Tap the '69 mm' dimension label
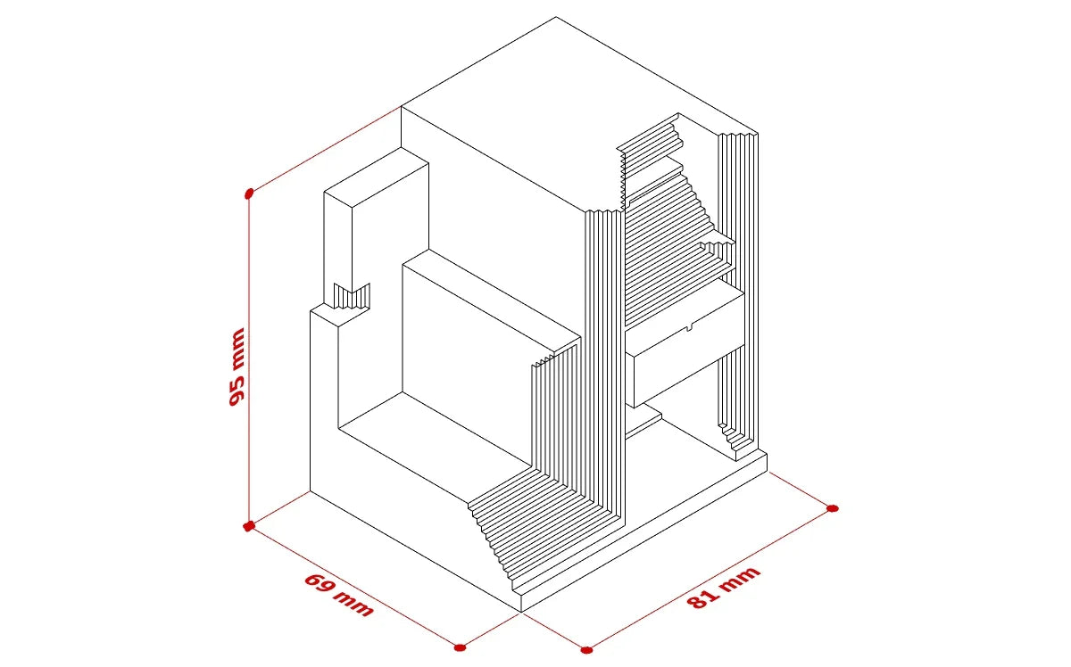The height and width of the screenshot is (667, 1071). [339, 595]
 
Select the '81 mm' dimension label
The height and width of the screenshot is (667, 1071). [724, 588]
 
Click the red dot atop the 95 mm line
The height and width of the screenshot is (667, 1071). [249, 194]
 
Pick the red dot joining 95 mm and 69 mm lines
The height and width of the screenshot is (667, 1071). [249, 526]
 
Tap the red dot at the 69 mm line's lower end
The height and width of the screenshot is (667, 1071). [460, 647]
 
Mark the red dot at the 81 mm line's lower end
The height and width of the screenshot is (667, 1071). [586, 650]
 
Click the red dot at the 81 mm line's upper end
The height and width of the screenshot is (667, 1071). [833, 508]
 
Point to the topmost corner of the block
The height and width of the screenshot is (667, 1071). [555, 17]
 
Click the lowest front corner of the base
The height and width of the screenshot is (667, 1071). [521, 611]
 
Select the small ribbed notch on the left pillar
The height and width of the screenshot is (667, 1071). [352, 297]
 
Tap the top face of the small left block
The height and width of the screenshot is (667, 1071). [377, 177]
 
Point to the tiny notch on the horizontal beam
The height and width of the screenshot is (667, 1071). [689, 328]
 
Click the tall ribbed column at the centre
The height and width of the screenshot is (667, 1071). [605, 363]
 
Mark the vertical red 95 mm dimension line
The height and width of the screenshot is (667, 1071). [249, 359]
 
